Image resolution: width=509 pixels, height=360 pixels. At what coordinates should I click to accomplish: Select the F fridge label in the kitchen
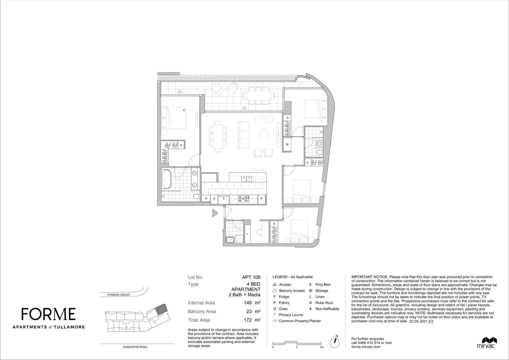(x=224, y=199)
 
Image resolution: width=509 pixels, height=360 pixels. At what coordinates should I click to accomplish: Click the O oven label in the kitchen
(x=214, y=199)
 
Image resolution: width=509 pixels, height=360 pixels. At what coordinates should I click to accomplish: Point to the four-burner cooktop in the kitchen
(x=243, y=199)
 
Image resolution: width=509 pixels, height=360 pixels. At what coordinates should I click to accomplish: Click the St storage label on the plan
(x=287, y=144)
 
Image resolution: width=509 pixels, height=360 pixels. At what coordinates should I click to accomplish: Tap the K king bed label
(x=184, y=110)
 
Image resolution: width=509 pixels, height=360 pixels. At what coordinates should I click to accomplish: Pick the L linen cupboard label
(x=248, y=234)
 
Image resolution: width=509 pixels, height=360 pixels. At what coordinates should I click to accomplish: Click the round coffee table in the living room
(x=264, y=135)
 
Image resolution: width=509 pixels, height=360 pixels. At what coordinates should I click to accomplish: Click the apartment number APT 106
(x=251, y=277)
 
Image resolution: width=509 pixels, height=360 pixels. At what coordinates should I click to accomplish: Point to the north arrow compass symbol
(x=334, y=342)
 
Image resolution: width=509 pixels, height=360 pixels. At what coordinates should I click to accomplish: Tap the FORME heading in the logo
(x=49, y=314)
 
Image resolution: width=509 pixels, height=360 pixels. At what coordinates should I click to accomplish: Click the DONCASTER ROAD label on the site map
(x=135, y=347)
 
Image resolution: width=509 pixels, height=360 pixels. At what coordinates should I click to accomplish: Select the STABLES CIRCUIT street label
(x=119, y=295)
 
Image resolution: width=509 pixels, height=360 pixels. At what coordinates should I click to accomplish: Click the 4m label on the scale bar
(x=322, y=347)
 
